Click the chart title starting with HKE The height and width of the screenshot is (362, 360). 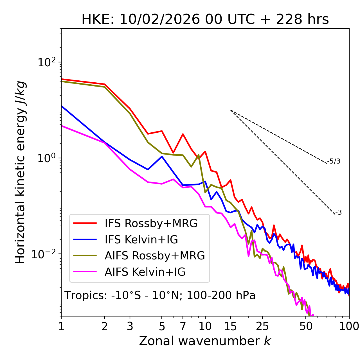[205, 20]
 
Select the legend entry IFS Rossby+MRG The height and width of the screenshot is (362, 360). [151, 223]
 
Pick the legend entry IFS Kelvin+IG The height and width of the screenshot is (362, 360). [141, 240]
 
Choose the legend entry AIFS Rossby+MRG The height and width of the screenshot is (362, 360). [155, 256]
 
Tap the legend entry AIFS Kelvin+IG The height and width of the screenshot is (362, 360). [145, 272]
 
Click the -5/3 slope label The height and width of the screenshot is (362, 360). [334, 161]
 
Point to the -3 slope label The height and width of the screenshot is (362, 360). [338, 213]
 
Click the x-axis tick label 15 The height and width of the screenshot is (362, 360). [230, 326]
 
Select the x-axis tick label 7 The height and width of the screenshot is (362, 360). [183, 326]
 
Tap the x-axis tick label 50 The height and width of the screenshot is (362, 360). [306, 326]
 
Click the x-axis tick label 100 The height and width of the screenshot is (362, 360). [349, 326]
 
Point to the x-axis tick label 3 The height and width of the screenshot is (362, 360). [130, 326]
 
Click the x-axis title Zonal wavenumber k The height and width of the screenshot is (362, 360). [205, 341]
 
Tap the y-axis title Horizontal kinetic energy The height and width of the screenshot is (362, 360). [21, 173]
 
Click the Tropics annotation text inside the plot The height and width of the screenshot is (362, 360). [160, 296]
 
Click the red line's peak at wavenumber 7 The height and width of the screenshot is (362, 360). [183, 134]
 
